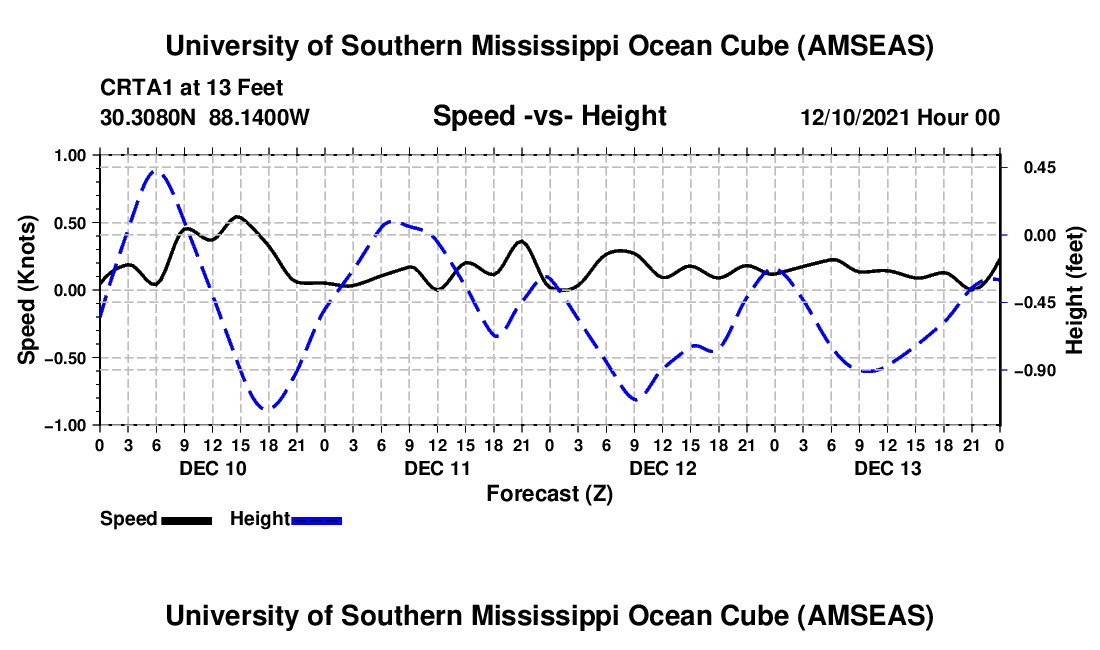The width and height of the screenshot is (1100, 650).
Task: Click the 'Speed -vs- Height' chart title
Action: (x=549, y=116)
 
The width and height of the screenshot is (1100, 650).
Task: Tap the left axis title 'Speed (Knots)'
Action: (x=29, y=289)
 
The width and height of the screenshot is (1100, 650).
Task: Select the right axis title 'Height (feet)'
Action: (x=1075, y=289)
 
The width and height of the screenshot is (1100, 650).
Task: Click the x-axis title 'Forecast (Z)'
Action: (x=549, y=493)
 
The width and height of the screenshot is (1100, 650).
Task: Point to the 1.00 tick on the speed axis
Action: (x=72, y=155)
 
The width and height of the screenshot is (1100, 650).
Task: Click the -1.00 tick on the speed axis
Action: (x=69, y=425)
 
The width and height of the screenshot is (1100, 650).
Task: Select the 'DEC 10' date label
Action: (x=212, y=468)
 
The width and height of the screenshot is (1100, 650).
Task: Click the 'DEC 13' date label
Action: (x=888, y=468)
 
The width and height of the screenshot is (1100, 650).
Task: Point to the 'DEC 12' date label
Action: (x=663, y=468)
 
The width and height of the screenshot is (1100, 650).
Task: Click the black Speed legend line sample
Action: (x=186, y=519)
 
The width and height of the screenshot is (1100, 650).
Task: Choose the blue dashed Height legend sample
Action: (x=317, y=519)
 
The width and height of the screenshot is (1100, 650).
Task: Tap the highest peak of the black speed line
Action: (x=237, y=216)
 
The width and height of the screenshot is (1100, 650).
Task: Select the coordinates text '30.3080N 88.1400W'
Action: (x=205, y=117)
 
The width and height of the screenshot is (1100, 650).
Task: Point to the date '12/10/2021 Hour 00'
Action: (x=900, y=117)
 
